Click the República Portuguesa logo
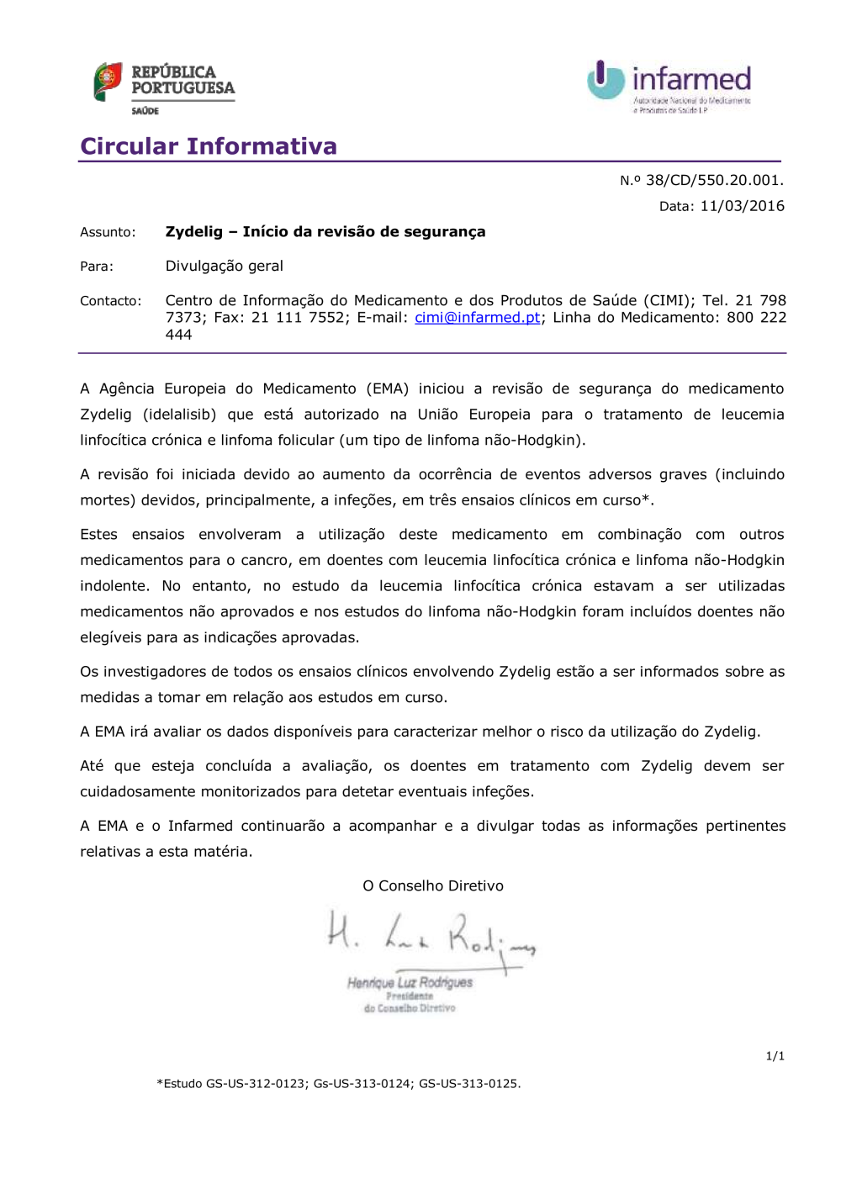pos(164,87)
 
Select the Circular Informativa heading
pos(209,146)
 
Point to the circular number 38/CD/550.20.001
pos(714,180)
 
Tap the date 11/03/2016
pos(742,206)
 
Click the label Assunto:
pos(108,232)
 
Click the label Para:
pos(97,267)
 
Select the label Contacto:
pos(110,301)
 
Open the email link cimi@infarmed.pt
pos(477,318)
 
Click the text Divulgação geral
pos(224,267)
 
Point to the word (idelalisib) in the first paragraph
pos(179,415)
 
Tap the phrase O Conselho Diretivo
pos(432,886)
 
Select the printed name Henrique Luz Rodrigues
pos(410,982)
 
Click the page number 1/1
pos(775,1056)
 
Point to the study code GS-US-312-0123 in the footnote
pos(256,1084)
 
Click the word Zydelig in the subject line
pos(194,232)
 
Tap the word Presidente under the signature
pos(410,996)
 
